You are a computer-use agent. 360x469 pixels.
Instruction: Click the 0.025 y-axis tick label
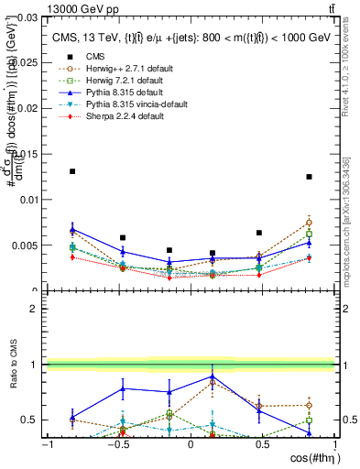(x=27, y=63)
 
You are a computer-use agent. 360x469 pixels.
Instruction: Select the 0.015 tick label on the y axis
(x=27, y=154)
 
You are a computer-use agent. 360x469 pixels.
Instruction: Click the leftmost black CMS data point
(x=72, y=171)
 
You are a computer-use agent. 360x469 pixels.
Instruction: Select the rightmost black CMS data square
(x=310, y=177)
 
